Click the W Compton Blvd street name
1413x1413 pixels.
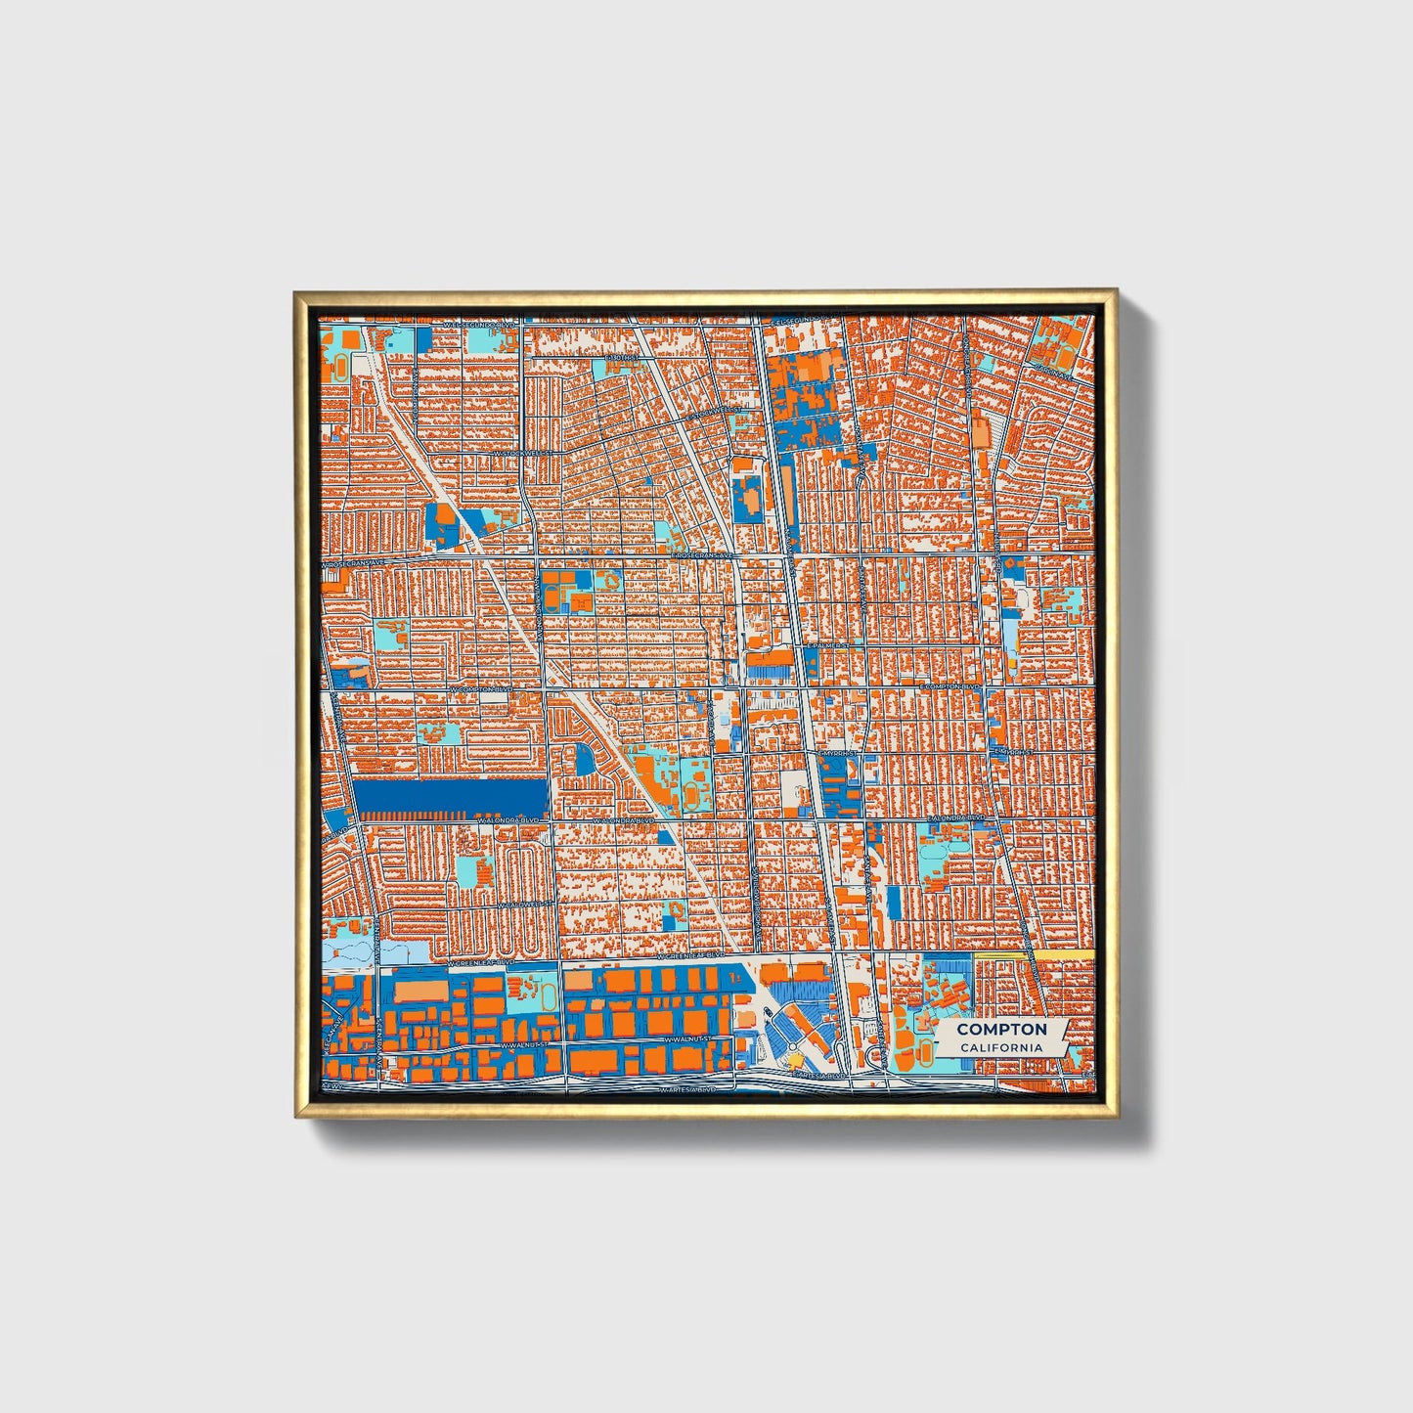pyautogui.click(x=480, y=689)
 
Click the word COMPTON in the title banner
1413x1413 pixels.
pyautogui.click(x=1001, y=1029)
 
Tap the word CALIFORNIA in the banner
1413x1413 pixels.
pyautogui.click(x=1001, y=1047)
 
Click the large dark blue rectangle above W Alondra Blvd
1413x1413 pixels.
pyautogui.click(x=451, y=798)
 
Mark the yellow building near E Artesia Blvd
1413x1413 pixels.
pyautogui.click(x=795, y=1058)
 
